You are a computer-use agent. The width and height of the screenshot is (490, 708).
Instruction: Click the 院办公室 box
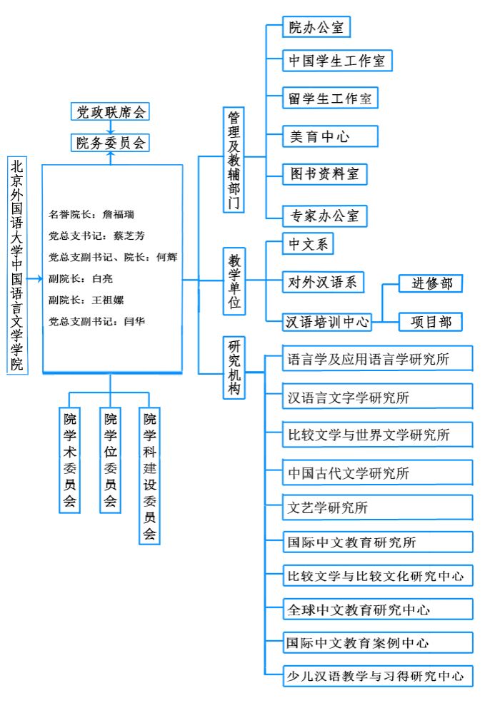point(315,28)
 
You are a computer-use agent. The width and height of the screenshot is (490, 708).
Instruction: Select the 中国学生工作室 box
point(337,61)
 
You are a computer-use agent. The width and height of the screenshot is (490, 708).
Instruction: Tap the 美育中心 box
point(319,136)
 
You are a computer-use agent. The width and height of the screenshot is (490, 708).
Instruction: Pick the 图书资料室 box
point(324,173)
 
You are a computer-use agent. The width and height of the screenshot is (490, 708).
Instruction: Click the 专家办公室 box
point(324,215)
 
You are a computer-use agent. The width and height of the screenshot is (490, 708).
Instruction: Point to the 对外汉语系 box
point(323,282)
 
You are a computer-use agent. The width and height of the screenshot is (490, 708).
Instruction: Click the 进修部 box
point(431,283)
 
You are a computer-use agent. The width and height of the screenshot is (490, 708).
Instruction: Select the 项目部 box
point(431,322)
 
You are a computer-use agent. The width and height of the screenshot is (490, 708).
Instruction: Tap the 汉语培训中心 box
point(329,322)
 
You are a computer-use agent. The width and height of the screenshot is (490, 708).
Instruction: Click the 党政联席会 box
point(111,112)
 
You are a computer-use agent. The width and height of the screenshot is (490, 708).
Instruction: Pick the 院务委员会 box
point(111,143)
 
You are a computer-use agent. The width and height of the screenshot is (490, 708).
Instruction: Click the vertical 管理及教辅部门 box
point(234,160)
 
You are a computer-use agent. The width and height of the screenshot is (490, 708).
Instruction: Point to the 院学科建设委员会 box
point(149,476)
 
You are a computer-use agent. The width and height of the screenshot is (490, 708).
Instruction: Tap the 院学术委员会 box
point(70,460)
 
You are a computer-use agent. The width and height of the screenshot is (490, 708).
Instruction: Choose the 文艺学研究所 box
point(378,508)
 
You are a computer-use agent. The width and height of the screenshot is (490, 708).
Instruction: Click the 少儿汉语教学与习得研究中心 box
point(378,674)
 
